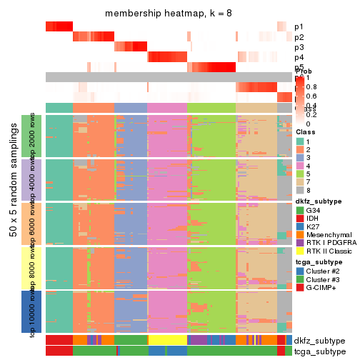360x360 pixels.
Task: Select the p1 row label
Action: pyautogui.click(x=299, y=26)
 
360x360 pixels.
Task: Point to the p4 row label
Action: pyautogui.click(x=299, y=57)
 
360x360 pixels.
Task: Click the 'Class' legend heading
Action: pyautogui.click(x=305, y=131)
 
